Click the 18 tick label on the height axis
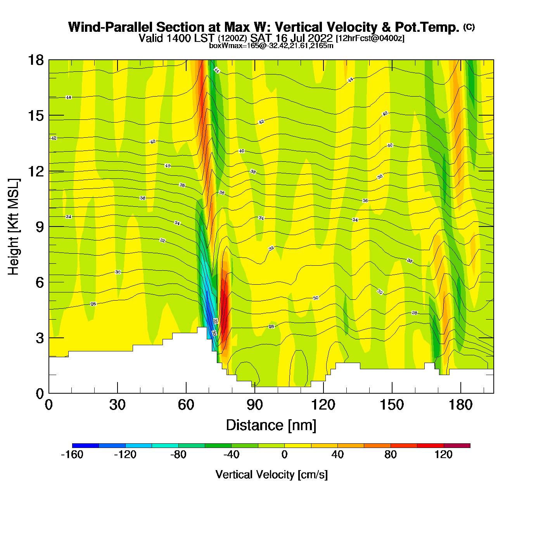click(35, 60)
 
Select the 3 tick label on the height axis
click(40, 338)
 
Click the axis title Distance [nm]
click(271, 425)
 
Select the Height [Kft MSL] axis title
click(14, 227)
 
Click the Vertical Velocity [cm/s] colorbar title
click(271, 475)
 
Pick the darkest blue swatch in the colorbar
click(85, 446)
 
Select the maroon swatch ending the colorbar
click(457, 446)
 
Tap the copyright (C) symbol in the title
click(469, 27)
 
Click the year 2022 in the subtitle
click(320, 38)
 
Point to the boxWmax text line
click(271, 46)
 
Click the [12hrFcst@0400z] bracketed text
click(370, 38)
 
